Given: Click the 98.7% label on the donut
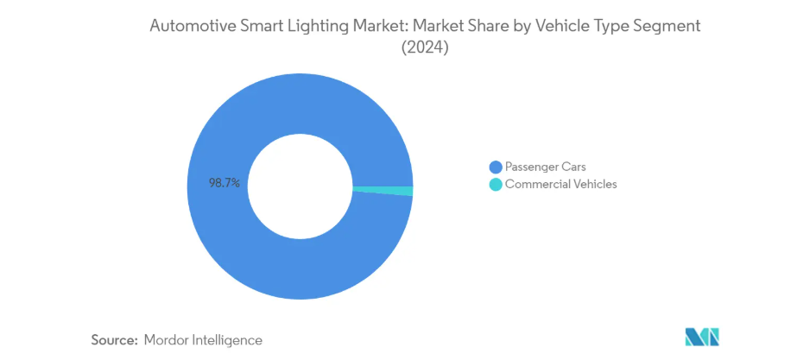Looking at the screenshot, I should [x=224, y=183].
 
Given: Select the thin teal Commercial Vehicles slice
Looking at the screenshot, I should [x=384, y=191].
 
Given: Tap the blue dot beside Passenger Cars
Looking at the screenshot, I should [x=495, y=167].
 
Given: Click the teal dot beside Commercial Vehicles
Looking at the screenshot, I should [x=495, y=184].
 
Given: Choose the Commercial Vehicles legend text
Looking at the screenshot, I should [x=560, y=184].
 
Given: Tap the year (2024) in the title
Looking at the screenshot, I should [x=426, y=49].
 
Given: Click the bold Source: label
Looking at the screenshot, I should [x=115, y=340].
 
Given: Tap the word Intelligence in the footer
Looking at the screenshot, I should [x=228, y=340].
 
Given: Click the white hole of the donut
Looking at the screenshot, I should [x=300, y=187].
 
